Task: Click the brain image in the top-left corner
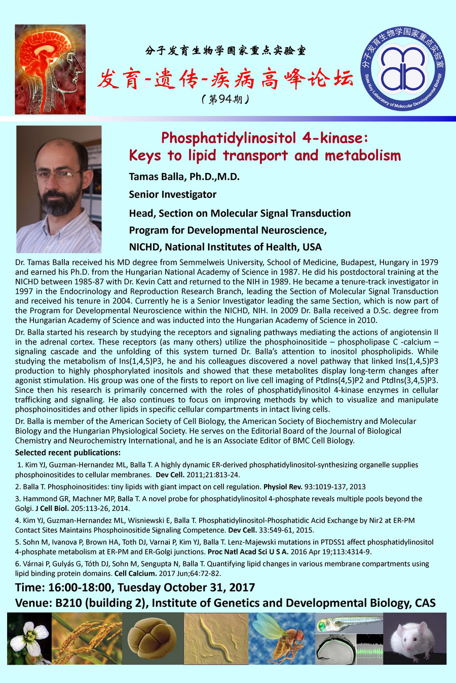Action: click(50, 69)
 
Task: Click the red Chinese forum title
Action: click(225, 79)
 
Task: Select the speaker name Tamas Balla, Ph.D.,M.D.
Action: click(184, 177)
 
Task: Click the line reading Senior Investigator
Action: click(172, 194)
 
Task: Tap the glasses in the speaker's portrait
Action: click(60, 176)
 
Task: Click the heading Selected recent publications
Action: click(68, 452)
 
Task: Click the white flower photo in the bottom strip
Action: click(29, 638)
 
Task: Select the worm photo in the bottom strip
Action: click(216, 638)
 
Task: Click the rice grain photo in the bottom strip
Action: click(87, 638)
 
